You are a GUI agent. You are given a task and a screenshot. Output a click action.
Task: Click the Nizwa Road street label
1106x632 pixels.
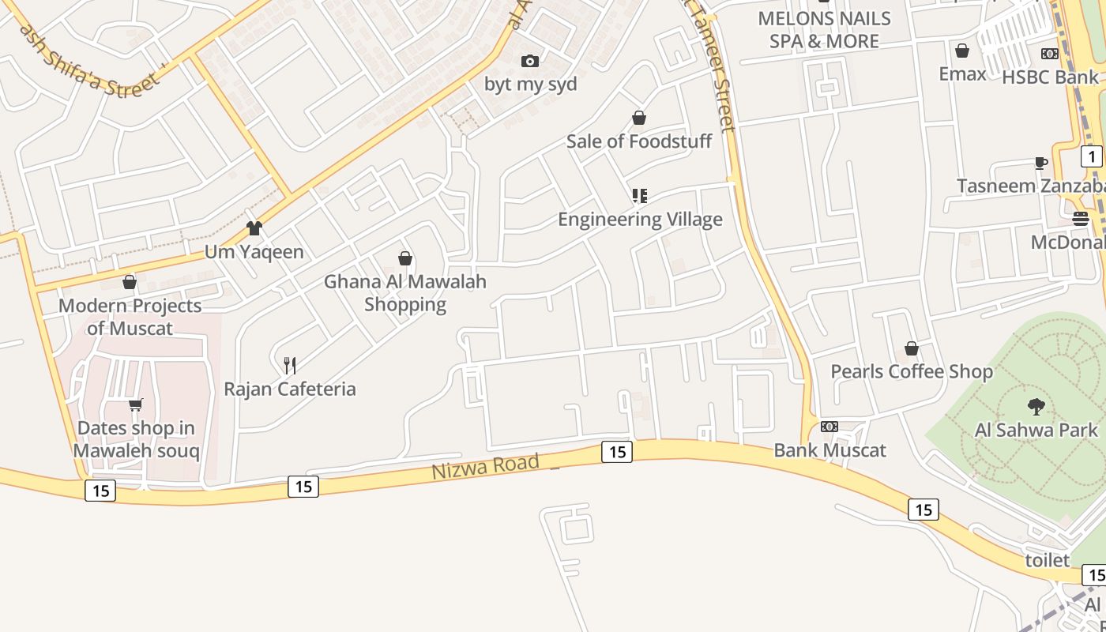point(485,466)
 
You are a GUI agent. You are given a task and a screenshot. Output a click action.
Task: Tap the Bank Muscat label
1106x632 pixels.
point(829,450)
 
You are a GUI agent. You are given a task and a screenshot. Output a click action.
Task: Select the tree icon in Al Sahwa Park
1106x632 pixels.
point(1036,407)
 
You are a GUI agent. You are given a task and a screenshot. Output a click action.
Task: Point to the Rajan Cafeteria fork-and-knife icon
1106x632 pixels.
point(290,365)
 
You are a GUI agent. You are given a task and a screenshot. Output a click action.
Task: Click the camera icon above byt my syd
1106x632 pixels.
point(530,61)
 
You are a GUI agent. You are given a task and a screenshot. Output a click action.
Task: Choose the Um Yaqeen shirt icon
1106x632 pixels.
point(254,228)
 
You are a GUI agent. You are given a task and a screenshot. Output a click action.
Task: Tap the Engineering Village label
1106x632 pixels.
point(640,219)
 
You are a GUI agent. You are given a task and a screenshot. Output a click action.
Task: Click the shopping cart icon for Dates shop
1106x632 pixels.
point(136,405)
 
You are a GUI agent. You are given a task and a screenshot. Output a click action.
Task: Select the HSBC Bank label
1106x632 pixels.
point(1050,77)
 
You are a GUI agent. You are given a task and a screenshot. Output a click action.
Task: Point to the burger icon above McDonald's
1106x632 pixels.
point(1081,219)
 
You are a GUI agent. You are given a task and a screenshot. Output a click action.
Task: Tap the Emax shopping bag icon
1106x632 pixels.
point(962,51)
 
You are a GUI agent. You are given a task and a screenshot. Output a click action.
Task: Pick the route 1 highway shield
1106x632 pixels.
point(1091,156)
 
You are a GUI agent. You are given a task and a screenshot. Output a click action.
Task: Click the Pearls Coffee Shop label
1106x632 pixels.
point(911,371)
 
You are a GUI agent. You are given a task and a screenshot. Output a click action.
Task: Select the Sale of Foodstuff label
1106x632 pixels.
point(639,141)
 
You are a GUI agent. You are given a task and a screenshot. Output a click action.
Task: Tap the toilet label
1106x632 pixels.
point(1047,560)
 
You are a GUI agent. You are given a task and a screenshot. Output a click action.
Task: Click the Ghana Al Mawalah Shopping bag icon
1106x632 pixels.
point(405,258)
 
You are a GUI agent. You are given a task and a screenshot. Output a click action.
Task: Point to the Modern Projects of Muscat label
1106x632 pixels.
point(130,317)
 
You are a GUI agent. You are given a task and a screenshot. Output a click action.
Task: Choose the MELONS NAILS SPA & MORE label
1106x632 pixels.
point(824,29)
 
